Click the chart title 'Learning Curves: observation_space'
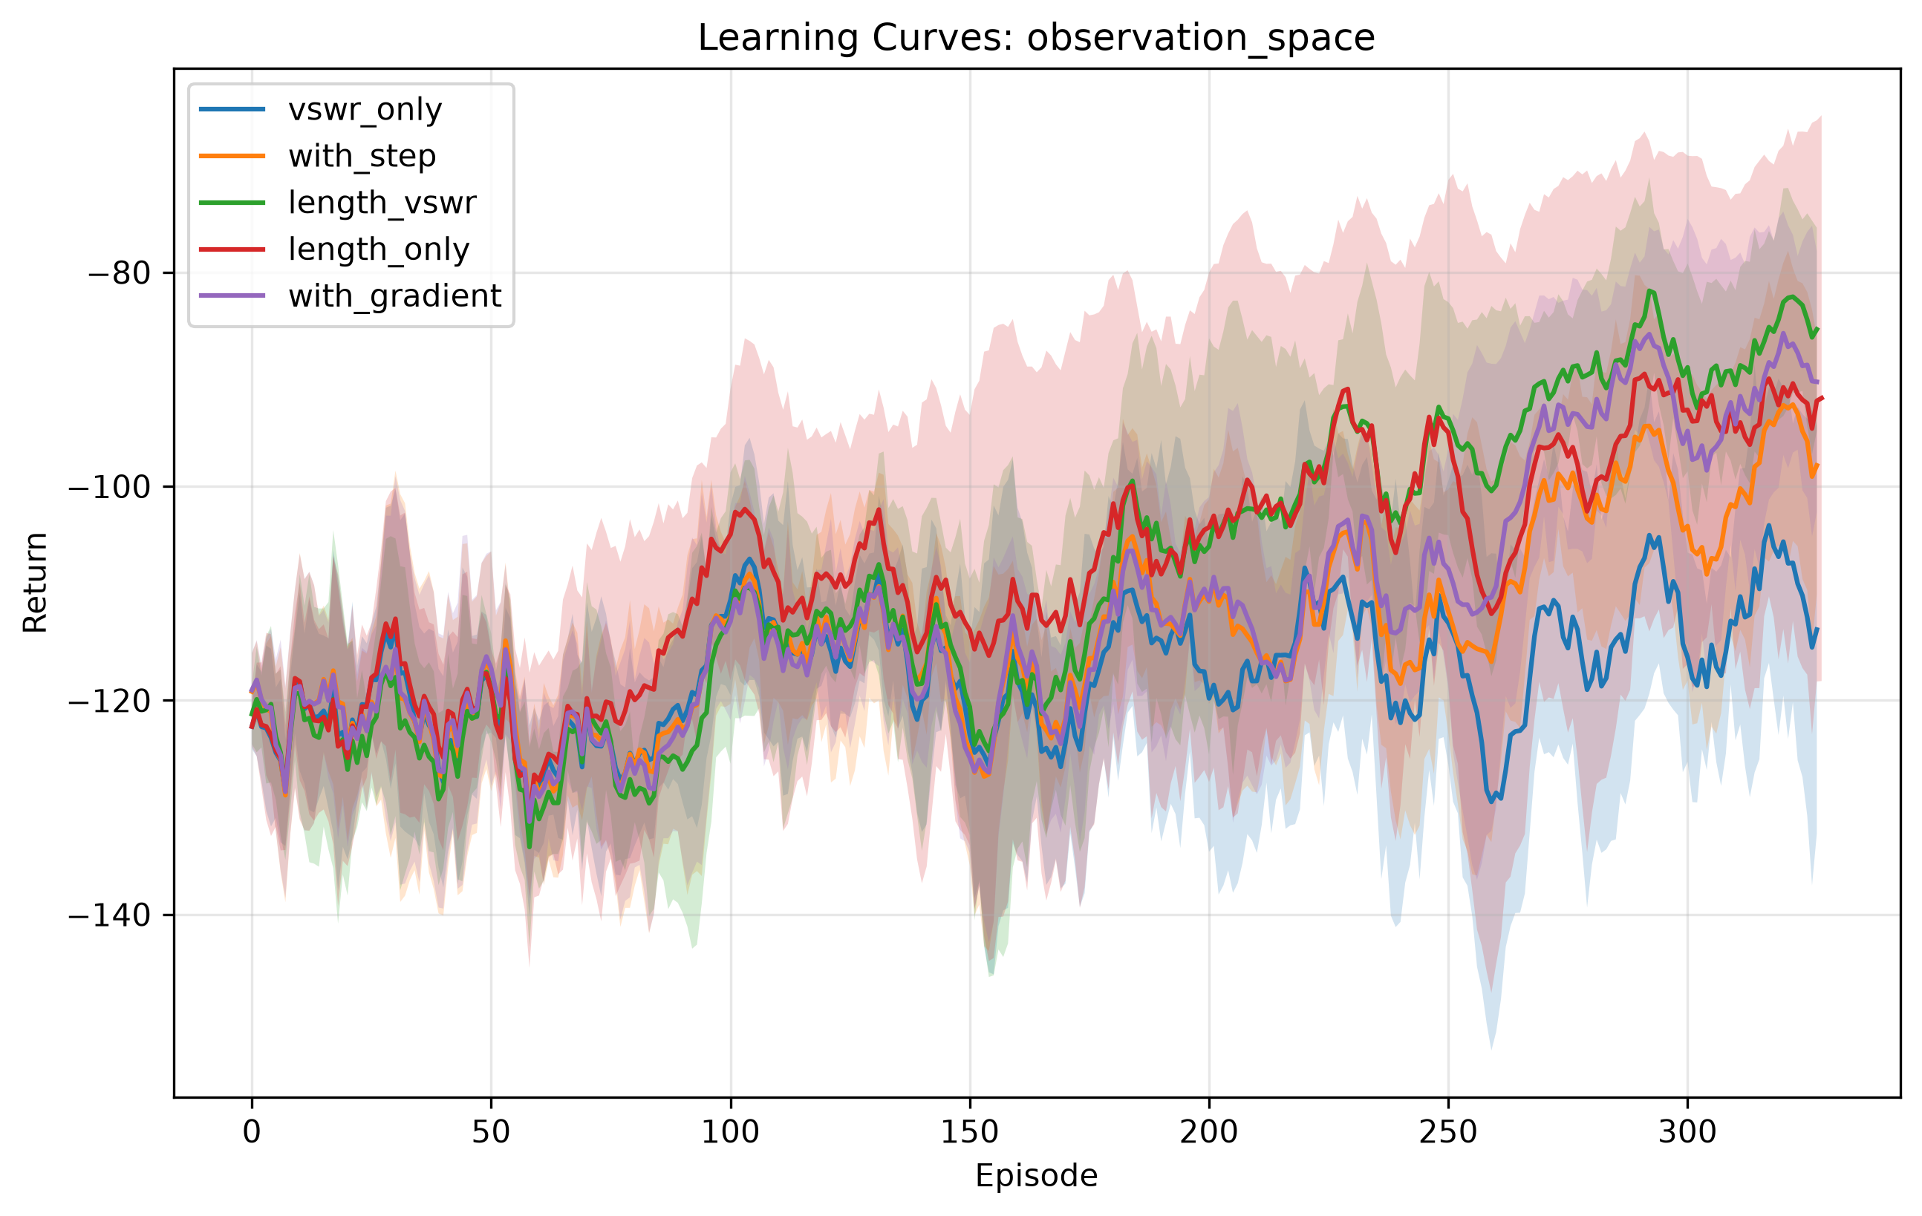[x=1036, y=38]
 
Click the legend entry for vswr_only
[x=365, y=109]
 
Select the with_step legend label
[x=362, y=156]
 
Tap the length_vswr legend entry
[x=382, y=203]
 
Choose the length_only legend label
[x=378, y=249]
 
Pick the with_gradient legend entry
[x=394, y=296]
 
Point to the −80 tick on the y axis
[x=120, y=273]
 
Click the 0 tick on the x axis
[x=253, y=1132]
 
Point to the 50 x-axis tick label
[x=491, y=1132]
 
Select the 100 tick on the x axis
[x=730, y=1132]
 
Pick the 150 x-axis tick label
[x=970, y=1132]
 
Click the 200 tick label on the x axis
[x=1209, y=1132]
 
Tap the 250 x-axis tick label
[x=1448, y=1132]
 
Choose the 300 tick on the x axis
[x=1687, y=1132]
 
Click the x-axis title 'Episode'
[x=1036, y=1176]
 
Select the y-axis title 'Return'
[x=35, y=583]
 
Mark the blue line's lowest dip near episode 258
[x=1492, y=801]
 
